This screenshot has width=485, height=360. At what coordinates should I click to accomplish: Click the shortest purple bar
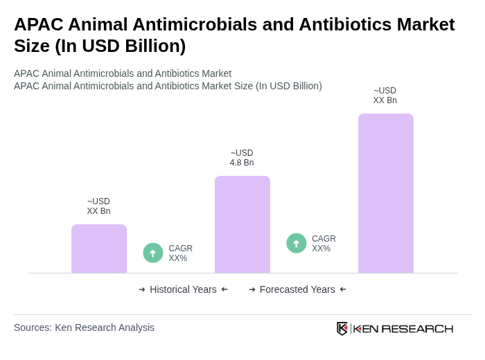pyautogui.click(x=99, y=249)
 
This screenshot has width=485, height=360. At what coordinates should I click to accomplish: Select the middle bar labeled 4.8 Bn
pyautogui.click(x=242, y=224)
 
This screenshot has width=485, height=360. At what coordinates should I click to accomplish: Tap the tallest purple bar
pyautogui.click(x=386, y=193)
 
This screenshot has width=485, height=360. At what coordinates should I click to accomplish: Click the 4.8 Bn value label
pyautogui.click(x=242, y=158)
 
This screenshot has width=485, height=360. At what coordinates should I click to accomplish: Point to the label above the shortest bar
pyautogui.click(x=98, y=206)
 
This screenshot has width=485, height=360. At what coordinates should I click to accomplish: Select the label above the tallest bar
pyautogui.click(x=385, y=96)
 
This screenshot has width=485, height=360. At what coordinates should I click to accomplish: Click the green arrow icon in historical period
pyautogui.click(x=153, y=253)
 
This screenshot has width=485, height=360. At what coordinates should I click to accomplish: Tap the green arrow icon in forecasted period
pyautogui.click(x=297, y=243)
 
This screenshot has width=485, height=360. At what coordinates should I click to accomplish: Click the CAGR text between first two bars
pyautogui.click(x=180, y=253)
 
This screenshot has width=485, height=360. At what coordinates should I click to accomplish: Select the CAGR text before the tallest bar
pyautogui.click(x=324, y=244)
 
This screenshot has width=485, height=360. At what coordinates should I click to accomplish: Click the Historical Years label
pyautogui.click(x=183, y=289)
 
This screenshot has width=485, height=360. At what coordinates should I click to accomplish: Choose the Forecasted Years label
pyautogui.click(x=297, y=289)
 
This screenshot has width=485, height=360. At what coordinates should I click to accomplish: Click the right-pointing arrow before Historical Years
pyautogui.click(x=142, y=289)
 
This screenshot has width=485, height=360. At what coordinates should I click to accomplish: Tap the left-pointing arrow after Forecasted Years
pyautogui.click(x=343, y=289)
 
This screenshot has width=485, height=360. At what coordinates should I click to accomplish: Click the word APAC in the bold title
pyautogui.click(x=39, y=24)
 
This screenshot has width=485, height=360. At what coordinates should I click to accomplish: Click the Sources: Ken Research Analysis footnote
pyautogui.click(x=84, y=327)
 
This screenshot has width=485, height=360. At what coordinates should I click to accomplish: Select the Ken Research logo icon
pyautogui.click(x=342, y=328)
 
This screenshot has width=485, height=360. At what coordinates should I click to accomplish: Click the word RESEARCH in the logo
pyautogui.click(x=417, y=328)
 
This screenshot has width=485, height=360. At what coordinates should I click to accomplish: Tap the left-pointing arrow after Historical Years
pyautogui.click(x=224, y=289)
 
